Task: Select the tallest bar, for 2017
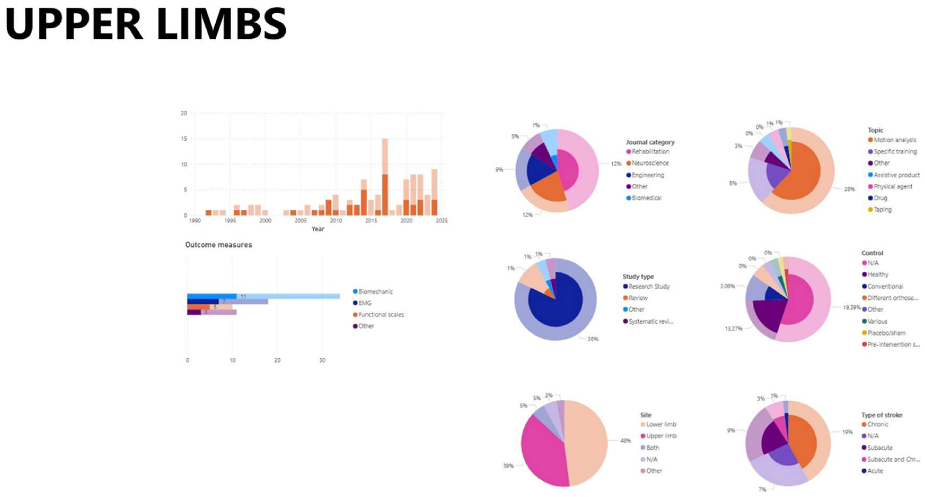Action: (x=385, y=176)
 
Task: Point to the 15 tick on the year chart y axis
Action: (x=184, y=139)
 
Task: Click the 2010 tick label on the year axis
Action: (x=336, y=221)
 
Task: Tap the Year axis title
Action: (x=318, y=229)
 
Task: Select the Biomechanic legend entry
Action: (x=375, y=292)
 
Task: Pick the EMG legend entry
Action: (x=365, y=303)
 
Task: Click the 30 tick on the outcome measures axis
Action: (x=322, y=360)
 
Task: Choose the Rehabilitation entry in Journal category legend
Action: (x=650, y=152)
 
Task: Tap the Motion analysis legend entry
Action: (x=895, y=140)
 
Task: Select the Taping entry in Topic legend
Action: (x=882, y=209)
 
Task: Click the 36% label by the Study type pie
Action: (x=593, y=339)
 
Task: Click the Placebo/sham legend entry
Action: (x=886, y=333)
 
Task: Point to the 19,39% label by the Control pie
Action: (x=852, y=308)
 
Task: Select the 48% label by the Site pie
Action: (x=626, y=441)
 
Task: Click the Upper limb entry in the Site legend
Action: (x=661, y=436)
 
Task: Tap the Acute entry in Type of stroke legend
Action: (x=875, y=471)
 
